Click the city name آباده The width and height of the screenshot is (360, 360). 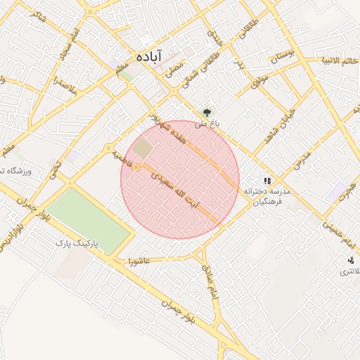149,56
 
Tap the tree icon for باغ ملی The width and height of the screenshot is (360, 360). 207,112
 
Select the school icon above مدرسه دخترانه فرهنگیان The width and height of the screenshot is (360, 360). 266,180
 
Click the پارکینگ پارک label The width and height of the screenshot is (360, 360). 79,243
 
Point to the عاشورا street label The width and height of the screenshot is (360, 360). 139,262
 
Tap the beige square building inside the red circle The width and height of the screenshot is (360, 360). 143,149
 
